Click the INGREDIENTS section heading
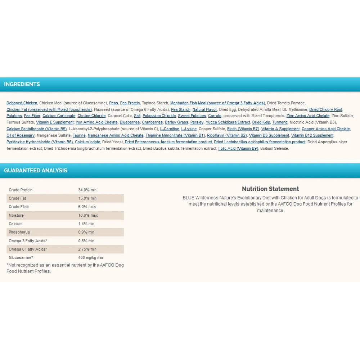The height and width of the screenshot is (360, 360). [22, 84]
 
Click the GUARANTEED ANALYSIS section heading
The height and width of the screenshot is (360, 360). [36, 171]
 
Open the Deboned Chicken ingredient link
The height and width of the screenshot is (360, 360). [22, 103]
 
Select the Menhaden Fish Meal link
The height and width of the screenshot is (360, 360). [217, 103]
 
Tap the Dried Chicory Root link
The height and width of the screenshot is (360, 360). [326, 109]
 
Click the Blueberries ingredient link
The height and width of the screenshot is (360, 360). [130, 122]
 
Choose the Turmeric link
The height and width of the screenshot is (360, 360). [280, 122]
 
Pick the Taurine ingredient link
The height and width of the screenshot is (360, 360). [79, 135]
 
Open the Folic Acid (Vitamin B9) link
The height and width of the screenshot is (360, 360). [238, 148]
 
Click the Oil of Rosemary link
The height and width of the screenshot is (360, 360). [21, 135]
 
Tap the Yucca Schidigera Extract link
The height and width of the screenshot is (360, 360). [228, 122]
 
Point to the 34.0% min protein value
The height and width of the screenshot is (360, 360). [87, 190]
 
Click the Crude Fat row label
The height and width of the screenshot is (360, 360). [17, 198]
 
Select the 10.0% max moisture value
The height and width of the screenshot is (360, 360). [88, 216]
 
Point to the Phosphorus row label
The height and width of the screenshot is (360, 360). [19, 232]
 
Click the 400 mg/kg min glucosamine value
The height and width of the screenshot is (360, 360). [90, 258]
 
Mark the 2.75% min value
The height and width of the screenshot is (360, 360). [87, 249]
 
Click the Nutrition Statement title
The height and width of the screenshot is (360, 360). [270, 189]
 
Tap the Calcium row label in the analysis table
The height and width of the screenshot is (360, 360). [15, 224]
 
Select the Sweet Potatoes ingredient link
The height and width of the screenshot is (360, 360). [192, 116]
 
